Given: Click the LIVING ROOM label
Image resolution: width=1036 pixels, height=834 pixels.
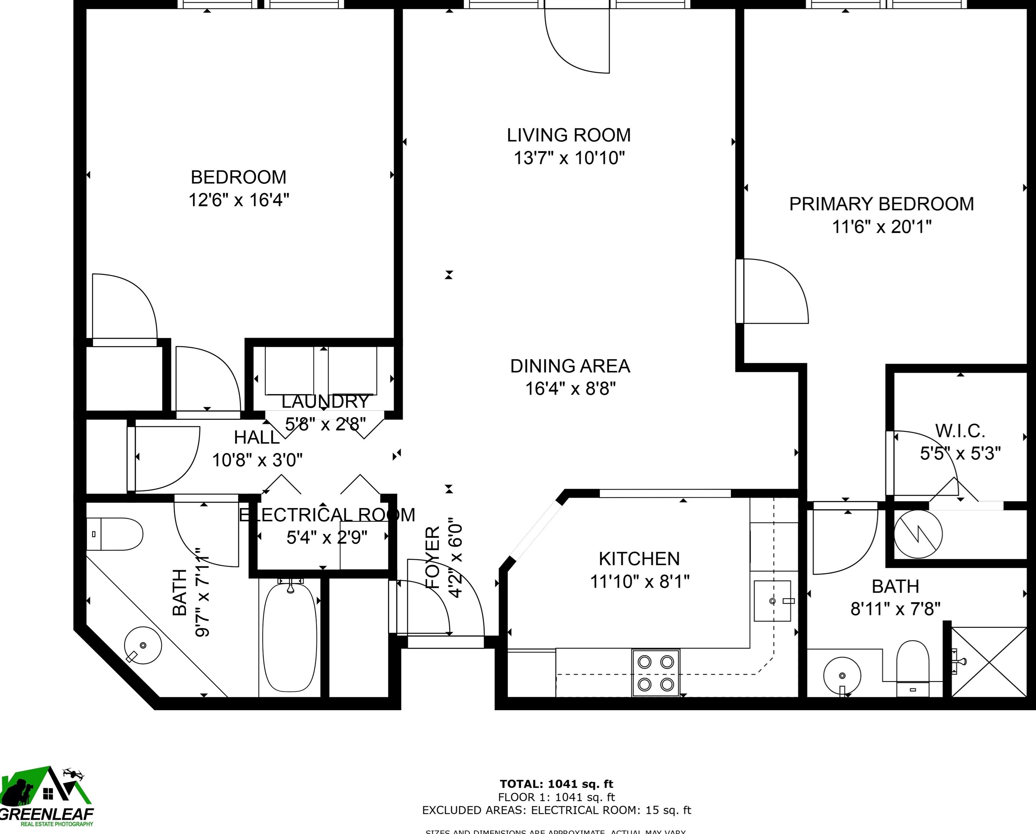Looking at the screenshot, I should coord(568,135).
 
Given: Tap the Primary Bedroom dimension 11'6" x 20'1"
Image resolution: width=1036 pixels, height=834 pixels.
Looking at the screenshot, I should coord(881,227).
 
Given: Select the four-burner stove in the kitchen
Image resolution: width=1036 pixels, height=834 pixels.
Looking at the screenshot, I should coord(655,673).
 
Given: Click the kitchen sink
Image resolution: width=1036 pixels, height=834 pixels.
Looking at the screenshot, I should coord(772,601).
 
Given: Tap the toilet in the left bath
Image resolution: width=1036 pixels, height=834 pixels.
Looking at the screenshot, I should coord(115,534).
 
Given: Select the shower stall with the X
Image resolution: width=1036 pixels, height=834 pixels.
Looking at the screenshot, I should coord(989,662).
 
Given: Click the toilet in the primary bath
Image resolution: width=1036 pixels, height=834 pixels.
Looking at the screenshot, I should coord(913,668).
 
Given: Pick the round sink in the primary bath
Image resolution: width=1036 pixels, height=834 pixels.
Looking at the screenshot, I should coord(842,675).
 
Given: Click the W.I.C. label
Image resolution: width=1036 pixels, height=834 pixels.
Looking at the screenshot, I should coord(960,431).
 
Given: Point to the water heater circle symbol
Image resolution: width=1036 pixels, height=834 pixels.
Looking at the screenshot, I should coord(918,534).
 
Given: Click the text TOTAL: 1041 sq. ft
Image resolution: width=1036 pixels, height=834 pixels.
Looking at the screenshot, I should coord(557,784).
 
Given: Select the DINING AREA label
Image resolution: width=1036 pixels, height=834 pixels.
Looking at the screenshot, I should coord(570,366).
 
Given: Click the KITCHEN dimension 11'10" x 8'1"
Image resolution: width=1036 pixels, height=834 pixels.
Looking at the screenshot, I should coord(640,582).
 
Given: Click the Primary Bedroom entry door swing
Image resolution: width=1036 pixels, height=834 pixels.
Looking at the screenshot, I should coord(773,291).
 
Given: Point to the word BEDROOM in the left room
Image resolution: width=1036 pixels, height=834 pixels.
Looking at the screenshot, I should coord(238,177).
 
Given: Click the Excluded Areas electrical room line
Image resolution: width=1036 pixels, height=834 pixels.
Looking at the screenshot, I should coord(557,810).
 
